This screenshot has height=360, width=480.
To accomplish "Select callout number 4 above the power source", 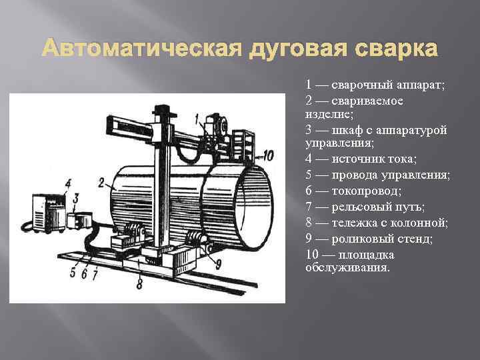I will click(x=69, y=183).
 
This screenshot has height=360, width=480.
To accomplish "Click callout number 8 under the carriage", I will click(x=139, y=284).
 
